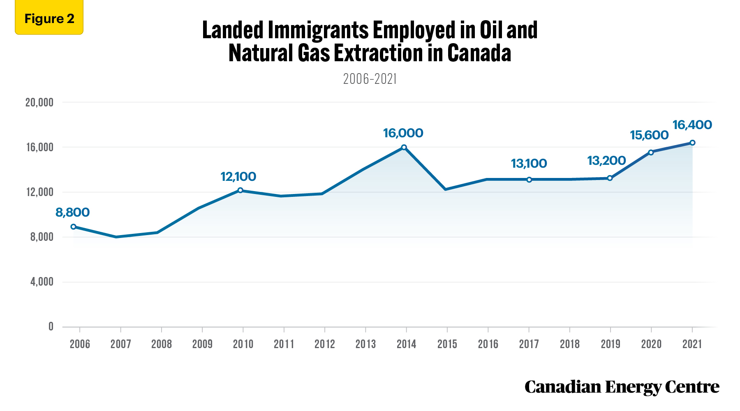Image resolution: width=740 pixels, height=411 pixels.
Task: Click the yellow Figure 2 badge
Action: pos(49,18)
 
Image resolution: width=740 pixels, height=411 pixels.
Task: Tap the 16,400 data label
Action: pos(692,125)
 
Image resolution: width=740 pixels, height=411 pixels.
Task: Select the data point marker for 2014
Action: pos(404,147)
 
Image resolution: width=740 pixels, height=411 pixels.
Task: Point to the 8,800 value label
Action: pos(72,212)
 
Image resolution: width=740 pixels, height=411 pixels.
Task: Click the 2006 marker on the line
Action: pos(73,226)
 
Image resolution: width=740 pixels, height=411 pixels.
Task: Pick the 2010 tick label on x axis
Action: pos(243,344)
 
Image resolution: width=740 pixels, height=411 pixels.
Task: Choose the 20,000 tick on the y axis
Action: pos(39,102)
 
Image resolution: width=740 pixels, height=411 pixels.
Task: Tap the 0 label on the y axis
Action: pos(51,327)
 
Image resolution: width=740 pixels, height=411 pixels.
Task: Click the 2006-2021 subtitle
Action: pos(370,79)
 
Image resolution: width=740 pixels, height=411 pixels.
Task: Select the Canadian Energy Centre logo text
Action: pos(622,387)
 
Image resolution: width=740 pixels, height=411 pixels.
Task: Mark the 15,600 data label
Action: pos(649,135)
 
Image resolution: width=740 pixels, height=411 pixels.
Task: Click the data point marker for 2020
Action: pos(651,152)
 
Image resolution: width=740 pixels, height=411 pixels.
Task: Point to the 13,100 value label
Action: pos(529,164)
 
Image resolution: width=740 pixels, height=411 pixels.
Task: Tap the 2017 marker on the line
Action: pos(529,180)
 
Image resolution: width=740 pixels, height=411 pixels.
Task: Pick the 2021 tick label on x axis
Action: pos(692,344)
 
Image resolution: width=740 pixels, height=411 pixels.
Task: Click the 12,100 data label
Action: pos(238,177)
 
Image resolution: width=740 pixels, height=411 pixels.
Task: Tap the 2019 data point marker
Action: pos(610,178)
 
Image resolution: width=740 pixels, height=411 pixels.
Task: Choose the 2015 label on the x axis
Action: pos(447,344)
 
